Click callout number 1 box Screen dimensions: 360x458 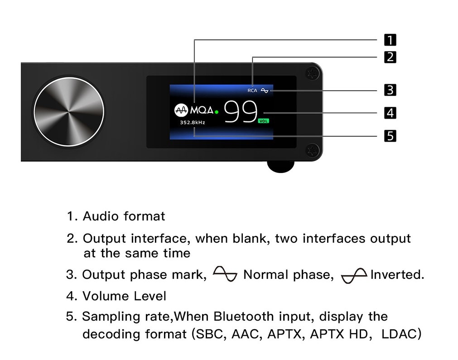tap(390, 40)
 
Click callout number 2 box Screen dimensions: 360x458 tap(390, 57)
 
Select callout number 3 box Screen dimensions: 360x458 tap(390, 90)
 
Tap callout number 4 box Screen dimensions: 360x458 tap(390, 112)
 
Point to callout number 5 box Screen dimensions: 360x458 tap(390, 135)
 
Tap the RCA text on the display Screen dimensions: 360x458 tap(252, 91)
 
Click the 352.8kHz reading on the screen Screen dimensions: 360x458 tap(192, 122)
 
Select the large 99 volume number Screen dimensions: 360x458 tap(241, 112)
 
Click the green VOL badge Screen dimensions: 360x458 tap(263, 121)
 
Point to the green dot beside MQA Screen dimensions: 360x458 tap(217, 111)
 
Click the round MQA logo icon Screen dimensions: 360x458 tap(181, 110)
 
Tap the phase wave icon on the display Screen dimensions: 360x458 tap(265, 91)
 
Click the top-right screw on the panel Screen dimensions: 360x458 tap(311, 73)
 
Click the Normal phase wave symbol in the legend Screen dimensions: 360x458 tap(225, 274)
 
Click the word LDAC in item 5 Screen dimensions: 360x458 tap(401, 334)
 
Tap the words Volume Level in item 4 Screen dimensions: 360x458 tap(124, 296)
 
